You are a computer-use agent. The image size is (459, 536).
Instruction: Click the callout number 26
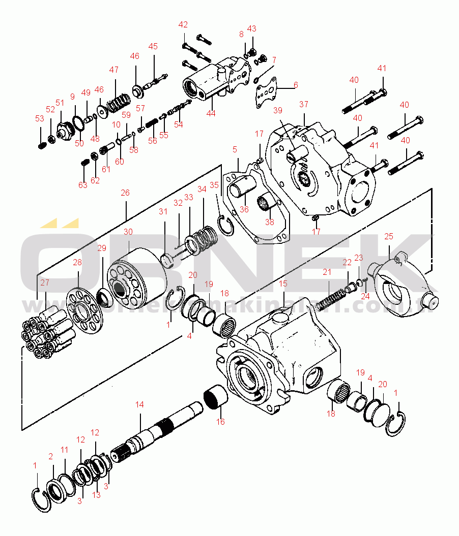pos(125,193)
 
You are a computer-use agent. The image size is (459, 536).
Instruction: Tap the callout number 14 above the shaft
pos(139,404)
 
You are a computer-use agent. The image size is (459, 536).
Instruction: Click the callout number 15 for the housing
pos(283,283)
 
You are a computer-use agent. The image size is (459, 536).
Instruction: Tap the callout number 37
pos(304,104)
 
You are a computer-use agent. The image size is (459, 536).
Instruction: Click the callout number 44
pos(211,113)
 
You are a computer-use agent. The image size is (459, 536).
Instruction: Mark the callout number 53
pos(40,118)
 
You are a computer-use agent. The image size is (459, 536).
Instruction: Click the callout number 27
pos(45,282)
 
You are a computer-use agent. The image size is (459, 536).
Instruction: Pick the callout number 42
pos(183,25)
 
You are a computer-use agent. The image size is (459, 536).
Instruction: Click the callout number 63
pos(83,185)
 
